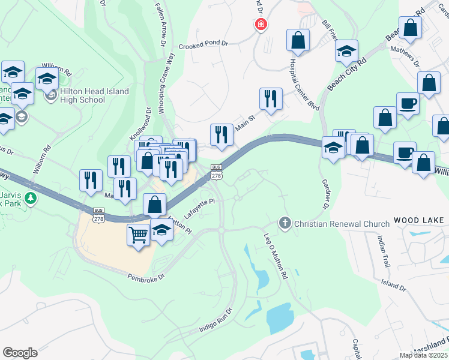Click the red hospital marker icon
(261, 25)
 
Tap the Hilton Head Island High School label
(94, 96)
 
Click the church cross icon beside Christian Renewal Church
(285, 224)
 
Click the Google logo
(20, 353)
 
